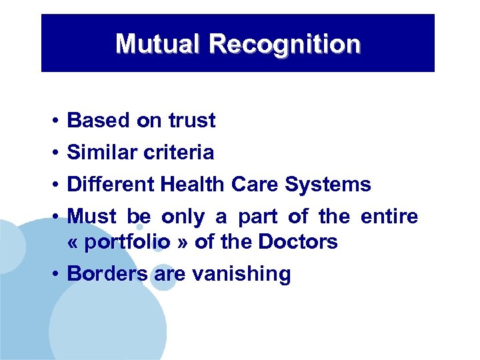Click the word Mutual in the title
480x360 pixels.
[158, 44]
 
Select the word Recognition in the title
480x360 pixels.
[285, 44]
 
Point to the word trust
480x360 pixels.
[191, 121]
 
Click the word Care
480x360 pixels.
[256, 184]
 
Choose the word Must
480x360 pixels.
[92, 217]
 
